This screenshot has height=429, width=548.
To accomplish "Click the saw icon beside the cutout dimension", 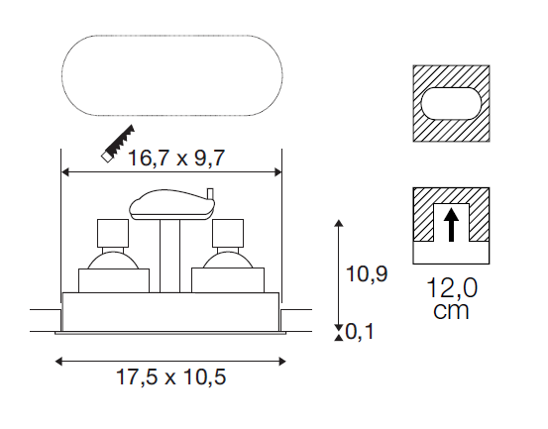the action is (x=118, y=144).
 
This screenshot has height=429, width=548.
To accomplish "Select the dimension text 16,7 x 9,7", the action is (x=176, y=158).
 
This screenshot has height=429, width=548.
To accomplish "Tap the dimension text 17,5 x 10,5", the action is (x=170, y=377).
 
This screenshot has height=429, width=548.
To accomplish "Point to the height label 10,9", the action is (x=367, y=273).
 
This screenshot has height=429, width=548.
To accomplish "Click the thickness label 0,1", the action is (x=360, y=331).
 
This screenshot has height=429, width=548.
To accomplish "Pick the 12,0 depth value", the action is (x=452, y=288).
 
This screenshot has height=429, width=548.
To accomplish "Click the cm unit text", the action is (x=451, y=310).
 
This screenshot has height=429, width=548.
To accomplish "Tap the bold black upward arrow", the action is (x=451, y=225).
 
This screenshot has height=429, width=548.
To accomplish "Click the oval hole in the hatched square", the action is (x=451, y=104).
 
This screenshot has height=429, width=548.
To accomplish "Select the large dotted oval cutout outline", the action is (x=172, y=36).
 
